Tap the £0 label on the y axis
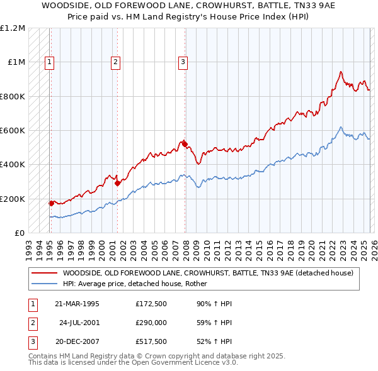tap(20, 233)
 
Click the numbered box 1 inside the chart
tap(49, 62)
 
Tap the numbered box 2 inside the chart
tap(116, 62)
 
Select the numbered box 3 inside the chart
tap(183, 62)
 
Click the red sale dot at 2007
tap(185, 145)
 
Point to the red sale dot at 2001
tap(118, 184)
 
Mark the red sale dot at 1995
tap(52, 204)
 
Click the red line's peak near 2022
tap(340, 72)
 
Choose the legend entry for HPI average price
tap(139, 284)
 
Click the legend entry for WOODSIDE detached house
tap(208, 273)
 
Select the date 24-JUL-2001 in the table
tap(80, 323)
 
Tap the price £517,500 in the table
tap(151, 343)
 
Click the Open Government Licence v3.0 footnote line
tap(133, 363)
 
